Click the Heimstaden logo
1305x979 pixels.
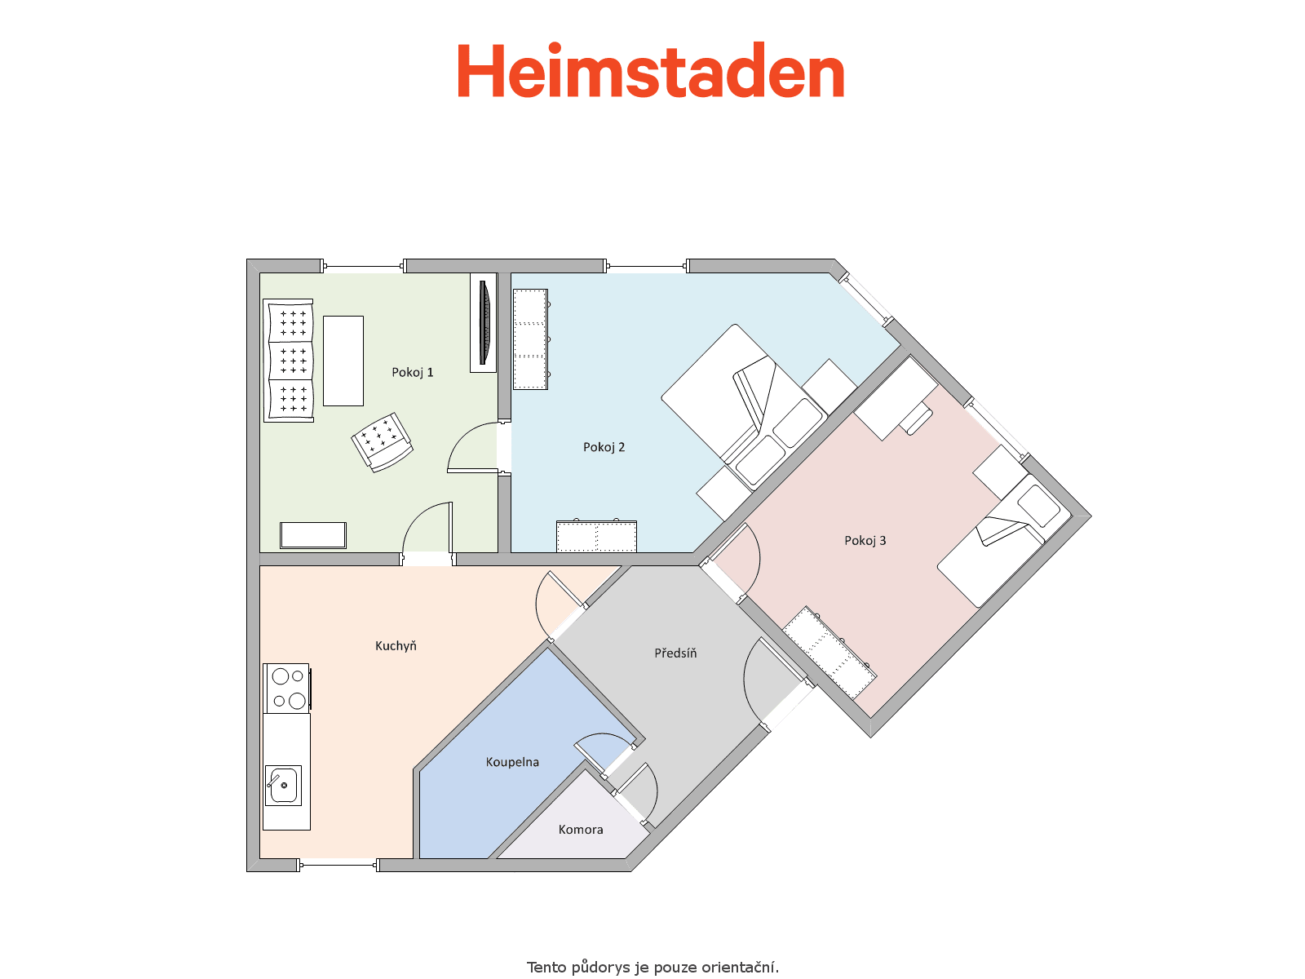click(650, 70)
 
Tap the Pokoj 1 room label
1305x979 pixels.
click(412, 373)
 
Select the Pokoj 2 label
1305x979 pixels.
click(604, 447)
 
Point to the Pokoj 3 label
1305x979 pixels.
click(865, 540)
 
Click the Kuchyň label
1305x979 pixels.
click(396, 645)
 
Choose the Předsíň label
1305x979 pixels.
click(675, 653)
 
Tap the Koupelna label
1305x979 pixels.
click(512, 762)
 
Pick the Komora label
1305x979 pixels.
click(580, 829)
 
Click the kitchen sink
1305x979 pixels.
click(283, 785)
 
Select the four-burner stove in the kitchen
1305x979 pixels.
click(288, 689)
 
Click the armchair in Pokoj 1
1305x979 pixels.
click(383, 442)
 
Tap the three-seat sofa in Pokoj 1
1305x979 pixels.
click(289, 361)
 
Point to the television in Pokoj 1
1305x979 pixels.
click(484, 323)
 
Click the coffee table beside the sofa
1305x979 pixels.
click(343, 361)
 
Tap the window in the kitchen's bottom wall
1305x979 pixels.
click(338, 865)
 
